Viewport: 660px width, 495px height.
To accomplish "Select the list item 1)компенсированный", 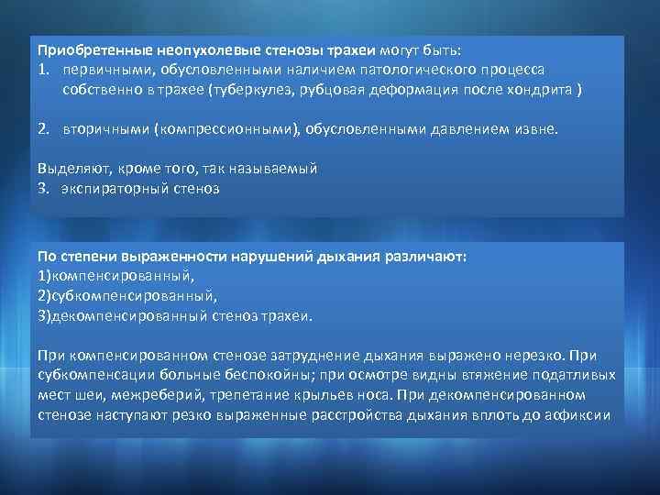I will click(x=117, y=276).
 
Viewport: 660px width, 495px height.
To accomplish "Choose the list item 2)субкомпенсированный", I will click(x=127, y=295).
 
